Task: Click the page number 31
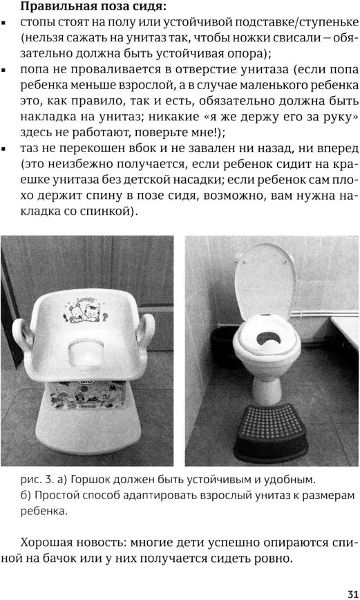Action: [x=352, y=594]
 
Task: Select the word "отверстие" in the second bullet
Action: [x=207, y=70]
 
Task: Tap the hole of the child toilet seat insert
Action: [x=269, y=338]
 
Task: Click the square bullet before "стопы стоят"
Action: [x=4, y=24]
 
